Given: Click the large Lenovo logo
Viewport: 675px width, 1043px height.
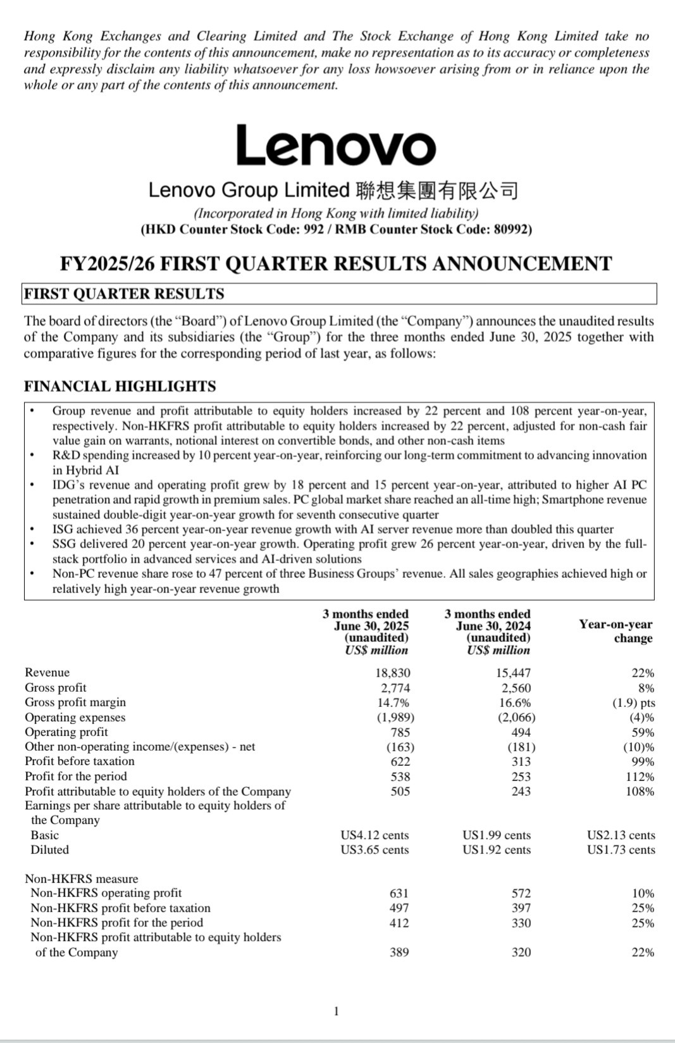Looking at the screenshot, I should pyautogui.click(x=336, y=146).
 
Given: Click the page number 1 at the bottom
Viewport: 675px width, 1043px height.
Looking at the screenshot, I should pyautogui.click(x=337, y=1011).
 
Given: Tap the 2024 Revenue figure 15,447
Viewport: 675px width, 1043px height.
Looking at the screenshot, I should pyautogui.click(x=513, y=673).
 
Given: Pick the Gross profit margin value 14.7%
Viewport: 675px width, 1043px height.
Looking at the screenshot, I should pyautogui.click(x=393, y=703).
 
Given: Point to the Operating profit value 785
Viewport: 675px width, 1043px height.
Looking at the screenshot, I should pyautogui.click(x=400, y=732).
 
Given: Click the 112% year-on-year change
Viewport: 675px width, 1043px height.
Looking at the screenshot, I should pyautogui.click(x=640, y=777).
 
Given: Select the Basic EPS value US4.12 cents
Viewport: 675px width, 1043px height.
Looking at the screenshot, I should pyautogui.click(x=375, y=835).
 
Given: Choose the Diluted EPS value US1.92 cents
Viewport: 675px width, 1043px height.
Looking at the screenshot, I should pyautogui.click(x=497, y=850).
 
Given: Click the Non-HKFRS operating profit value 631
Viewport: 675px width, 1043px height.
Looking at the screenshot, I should pyautogui.click(x=399, y=894).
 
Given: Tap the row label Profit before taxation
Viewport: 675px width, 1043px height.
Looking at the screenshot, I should pyautogui.click(x=80, y=761).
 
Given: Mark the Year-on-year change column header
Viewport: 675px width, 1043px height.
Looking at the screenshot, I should pyautogui.click(x=615, y=631).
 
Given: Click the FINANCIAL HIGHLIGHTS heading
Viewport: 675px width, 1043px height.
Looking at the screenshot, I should pyautogui.click(x=120, y=386).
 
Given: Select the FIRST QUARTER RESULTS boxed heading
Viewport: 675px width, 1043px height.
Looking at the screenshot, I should pyautogui.click(x=124, y=294).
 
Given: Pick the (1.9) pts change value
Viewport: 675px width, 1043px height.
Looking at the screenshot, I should pyautogui.click(x=634, y=703).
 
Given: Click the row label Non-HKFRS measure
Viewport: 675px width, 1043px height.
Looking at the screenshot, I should pyautogui.click(x=81, y=878).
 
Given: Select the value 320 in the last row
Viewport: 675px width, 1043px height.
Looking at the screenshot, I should pyautogui.click(x=521, y=952).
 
